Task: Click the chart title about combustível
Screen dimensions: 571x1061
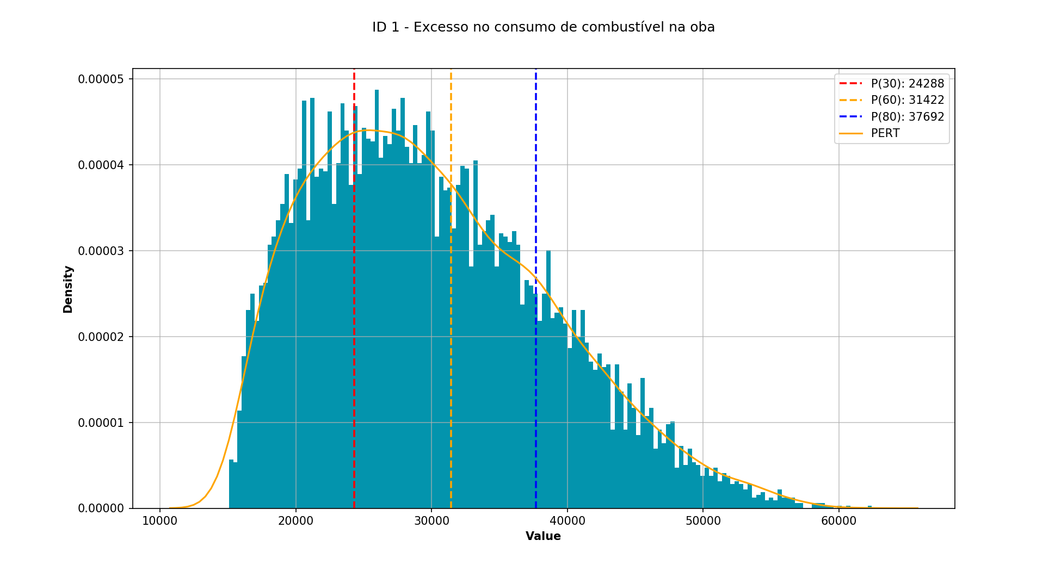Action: point(543,27)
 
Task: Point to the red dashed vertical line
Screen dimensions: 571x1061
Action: point(354,326)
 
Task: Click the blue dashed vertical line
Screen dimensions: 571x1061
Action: point(536,381)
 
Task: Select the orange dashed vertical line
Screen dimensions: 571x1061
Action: point(451,353)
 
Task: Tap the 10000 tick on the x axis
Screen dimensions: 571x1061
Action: point(159,521)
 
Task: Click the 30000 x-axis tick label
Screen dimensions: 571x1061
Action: point(431,521)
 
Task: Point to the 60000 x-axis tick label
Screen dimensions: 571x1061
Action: point(838,521)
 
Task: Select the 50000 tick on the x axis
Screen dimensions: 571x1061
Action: point(703,521)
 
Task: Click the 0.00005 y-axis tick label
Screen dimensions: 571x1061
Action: point(101,79)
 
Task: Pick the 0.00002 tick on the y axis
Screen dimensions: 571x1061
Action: point(101,337)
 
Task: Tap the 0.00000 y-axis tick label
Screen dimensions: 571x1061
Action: point(101,509)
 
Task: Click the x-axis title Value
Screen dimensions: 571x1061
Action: point(543,537)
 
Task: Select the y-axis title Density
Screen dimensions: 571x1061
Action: point(68,289)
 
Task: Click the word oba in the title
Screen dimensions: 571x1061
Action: point(702,27)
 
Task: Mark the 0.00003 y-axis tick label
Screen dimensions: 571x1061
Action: point(101,251)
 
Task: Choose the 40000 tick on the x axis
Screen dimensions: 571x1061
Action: point(567,521)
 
